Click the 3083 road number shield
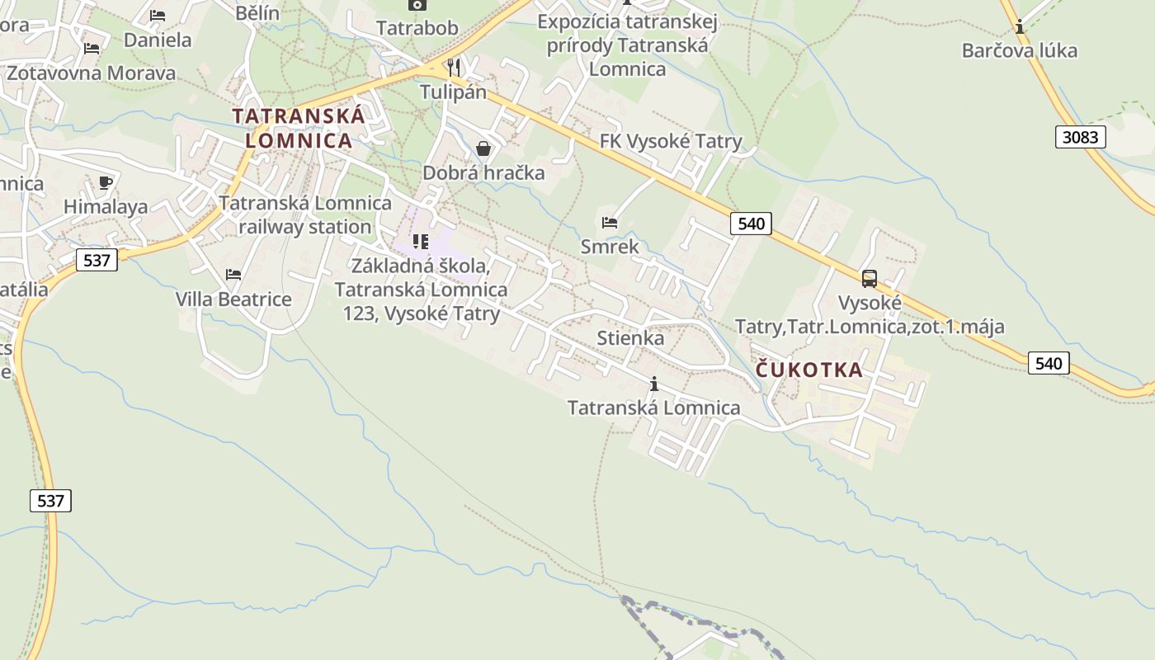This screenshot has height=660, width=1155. pos(1080,137)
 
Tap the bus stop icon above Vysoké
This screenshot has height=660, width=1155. pos(870,279)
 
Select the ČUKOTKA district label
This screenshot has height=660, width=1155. pos(809,370)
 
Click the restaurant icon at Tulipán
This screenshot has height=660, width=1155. pos(453,67)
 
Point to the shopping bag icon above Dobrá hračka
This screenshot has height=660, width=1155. pos(483,148)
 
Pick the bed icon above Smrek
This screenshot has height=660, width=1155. pos(610,223)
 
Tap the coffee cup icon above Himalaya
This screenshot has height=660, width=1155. pos(105,182)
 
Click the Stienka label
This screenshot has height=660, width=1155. pos(630,338)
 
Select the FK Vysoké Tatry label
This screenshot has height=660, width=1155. pos(671,141)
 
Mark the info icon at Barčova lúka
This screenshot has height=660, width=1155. pos(1020,26)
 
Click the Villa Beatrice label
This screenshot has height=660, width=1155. pos(233,299)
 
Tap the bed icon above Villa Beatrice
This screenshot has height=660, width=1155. pos(233,275)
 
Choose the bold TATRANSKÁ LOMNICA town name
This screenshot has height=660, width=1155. pos(299,128)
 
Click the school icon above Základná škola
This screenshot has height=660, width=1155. pos(421,242)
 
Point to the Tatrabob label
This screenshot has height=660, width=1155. pos(417,28)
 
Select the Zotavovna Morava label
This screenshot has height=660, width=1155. pos(91,73)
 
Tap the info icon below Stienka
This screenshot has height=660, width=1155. pos(654,384)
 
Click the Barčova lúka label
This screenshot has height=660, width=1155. pos(1020,50)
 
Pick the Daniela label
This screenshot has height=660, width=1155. pos(157,40)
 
